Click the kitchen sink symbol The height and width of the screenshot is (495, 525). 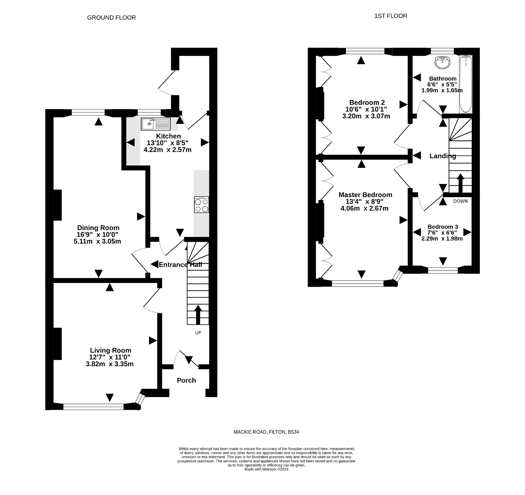click(x=156, y=124)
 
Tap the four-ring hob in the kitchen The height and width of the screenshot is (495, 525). click(x=201, y=205)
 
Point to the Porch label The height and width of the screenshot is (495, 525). click(x=186, y=380)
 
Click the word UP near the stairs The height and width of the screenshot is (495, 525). click(x=198, y=333)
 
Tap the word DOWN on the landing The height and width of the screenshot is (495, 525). click(x=460, y=201)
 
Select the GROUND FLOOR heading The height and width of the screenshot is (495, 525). click(x=111, y=18)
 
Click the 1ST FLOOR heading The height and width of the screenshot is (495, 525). click(x=391, y=16)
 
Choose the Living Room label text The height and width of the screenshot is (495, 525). click(x=110, y=350)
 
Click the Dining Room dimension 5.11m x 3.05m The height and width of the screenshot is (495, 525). click(x=97, y=241)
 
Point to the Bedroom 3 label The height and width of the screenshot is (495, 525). click(x=443, y=227)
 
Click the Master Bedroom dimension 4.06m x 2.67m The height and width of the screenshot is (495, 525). click(x=365, y=209)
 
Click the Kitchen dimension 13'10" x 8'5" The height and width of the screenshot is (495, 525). click(x=167, y=143)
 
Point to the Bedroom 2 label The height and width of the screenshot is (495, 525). click(x=367, y=102)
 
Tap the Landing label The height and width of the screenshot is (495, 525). click(x=443, y=156)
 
